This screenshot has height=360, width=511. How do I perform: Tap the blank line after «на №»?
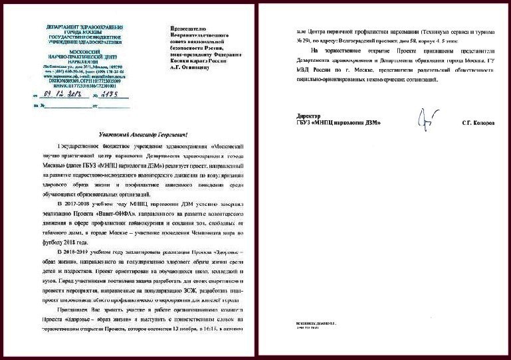[68, 105]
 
